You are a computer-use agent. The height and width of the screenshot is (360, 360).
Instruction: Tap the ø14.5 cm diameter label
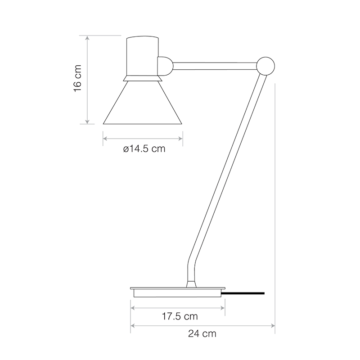click(x=144, y=149)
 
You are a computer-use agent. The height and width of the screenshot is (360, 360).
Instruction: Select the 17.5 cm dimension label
click(x=180, y=316)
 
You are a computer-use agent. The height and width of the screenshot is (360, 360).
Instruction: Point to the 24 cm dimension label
click(x=202, y=333)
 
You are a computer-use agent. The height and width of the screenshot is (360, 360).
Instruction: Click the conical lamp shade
click(x=142, y=106)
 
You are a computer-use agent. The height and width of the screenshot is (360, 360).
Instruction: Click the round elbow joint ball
click(x=265, y=66)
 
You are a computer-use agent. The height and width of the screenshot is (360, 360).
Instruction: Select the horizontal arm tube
click(x=214, y=66)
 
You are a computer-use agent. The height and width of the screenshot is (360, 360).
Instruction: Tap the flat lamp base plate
click(x=176, y=288)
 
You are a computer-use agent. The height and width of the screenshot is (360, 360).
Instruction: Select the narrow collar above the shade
click(x=142, y=79)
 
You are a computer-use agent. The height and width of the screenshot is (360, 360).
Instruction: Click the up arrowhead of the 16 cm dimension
click(x=88, y=37)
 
